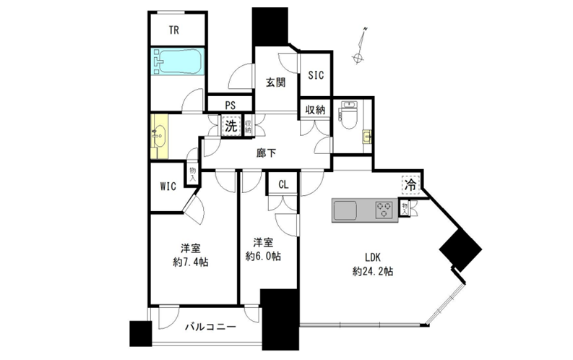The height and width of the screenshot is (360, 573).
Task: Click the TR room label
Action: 174,30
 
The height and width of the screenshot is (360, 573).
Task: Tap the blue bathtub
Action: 178,61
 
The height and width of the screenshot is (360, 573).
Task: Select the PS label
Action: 231,106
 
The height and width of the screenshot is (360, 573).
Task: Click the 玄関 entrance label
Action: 275,82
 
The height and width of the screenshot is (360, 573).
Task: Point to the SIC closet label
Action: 316,75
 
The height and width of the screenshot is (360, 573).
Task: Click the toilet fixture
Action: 349,115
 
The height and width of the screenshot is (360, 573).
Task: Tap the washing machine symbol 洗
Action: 231,126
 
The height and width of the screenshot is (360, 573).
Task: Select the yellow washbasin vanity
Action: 160,137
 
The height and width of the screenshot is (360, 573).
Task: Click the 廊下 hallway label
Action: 266,153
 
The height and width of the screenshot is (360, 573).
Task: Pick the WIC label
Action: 168,187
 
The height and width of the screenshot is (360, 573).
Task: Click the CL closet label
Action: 283,184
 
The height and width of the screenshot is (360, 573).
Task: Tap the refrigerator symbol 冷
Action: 410,185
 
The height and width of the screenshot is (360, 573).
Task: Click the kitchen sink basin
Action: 345,210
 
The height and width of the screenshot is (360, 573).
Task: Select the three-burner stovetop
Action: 384,210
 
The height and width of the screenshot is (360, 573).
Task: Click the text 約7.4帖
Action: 190,262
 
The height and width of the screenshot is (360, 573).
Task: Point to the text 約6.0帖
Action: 263,256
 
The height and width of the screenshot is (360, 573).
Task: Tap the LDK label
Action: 373,257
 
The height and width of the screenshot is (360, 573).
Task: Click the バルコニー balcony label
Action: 210,326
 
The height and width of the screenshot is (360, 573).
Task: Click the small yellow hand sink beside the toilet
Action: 366,137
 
